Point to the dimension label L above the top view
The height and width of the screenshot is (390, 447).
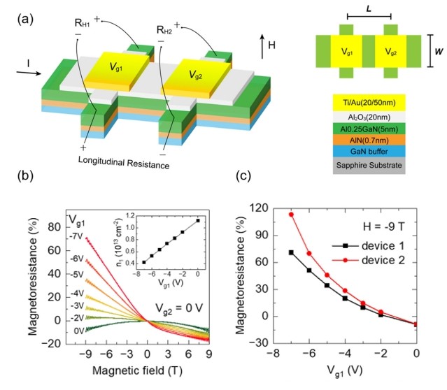point(369,8)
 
